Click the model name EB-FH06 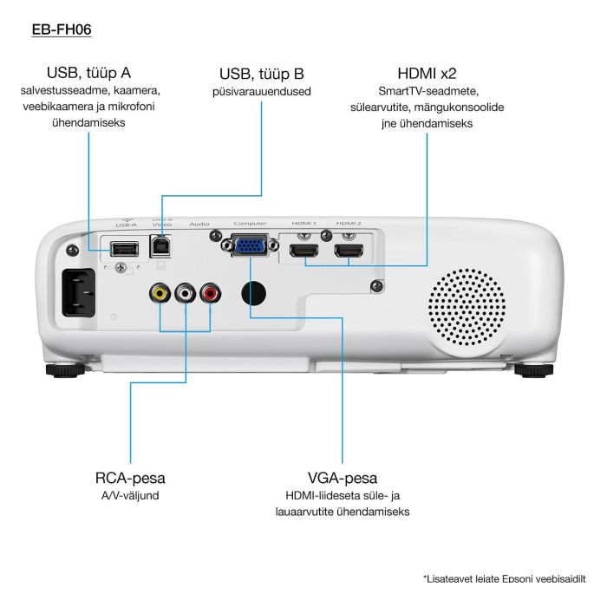[62, 29]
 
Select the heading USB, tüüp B [261, 75]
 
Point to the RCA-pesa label [130, 478]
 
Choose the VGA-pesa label [342, 478]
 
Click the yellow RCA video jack [160, 294]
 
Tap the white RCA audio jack [186, 294]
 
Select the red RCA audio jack [211, 294]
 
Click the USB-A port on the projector [124, 249]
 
